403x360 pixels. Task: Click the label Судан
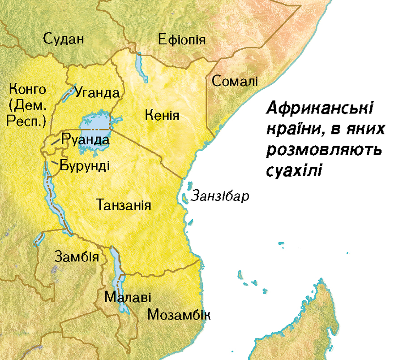[x=64, y=39]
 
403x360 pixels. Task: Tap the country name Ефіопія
[x=182, y=40]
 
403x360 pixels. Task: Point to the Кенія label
[x=163, y=115]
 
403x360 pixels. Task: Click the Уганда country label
[x=98, y=93]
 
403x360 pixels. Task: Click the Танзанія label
[x=123, y=205]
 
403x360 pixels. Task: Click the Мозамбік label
[x=179, y=314]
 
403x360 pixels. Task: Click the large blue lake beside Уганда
[x=94, y=121]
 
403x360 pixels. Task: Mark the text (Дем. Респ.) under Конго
[x=28, y=113]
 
